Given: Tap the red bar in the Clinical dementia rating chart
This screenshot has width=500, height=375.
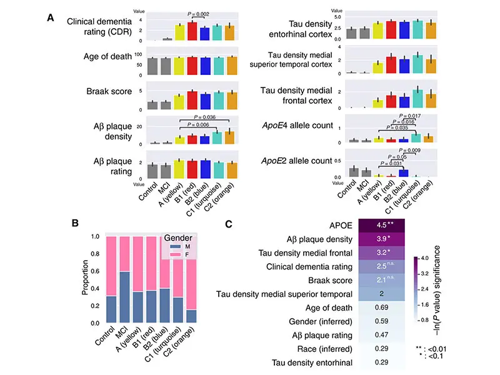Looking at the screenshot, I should pos(192,32).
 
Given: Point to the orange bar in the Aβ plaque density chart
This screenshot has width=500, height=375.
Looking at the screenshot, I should pos(231,137).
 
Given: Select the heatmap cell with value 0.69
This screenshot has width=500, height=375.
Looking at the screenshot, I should pos(381,309).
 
